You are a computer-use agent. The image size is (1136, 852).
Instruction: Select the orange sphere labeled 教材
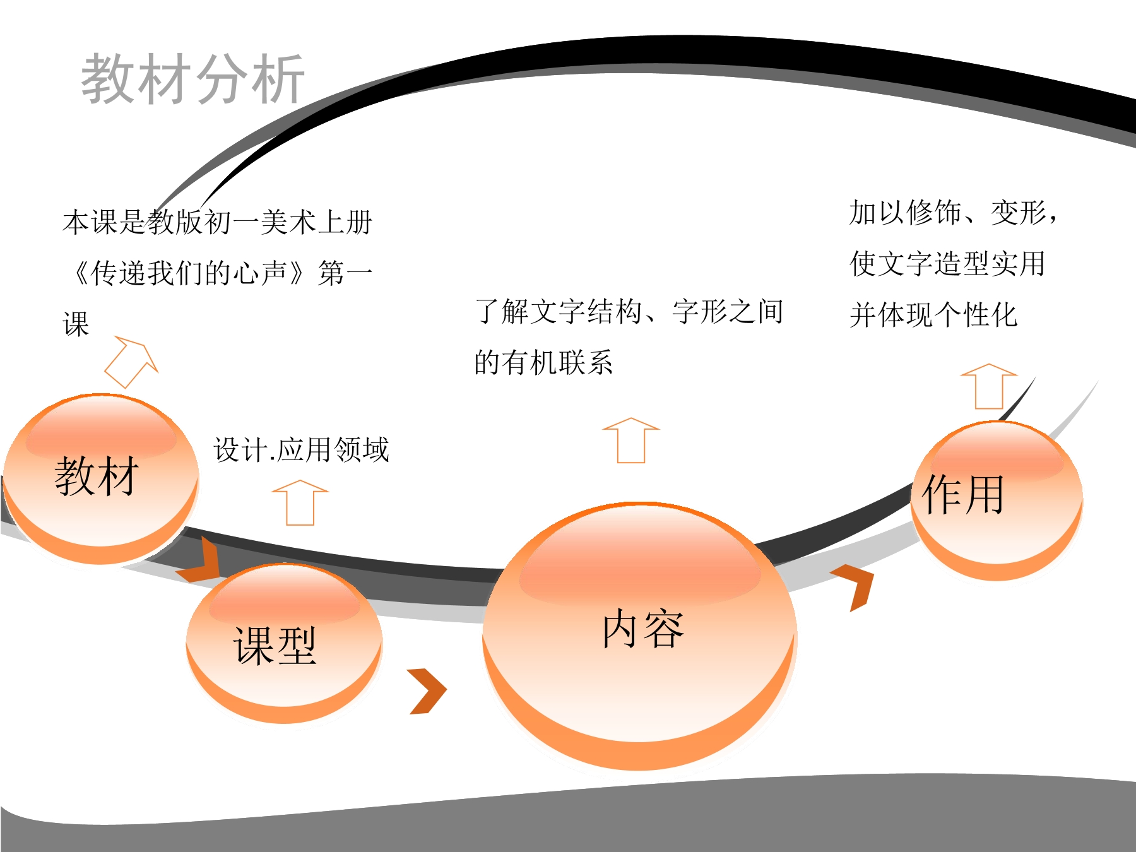tap(101, 478)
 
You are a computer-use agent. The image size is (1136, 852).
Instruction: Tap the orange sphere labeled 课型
tap(284, 643)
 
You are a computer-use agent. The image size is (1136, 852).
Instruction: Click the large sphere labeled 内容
tap(639, 636)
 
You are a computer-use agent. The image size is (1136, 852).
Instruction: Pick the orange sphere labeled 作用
tap(997, 500)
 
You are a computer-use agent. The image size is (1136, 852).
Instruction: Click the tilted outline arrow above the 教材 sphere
tap(132, 362)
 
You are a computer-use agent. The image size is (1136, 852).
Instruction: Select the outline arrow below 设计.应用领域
tap(300, 502)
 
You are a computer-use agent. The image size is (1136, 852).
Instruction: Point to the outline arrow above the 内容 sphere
tap(631, 441)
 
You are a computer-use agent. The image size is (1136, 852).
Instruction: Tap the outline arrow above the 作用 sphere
tap(989, 386)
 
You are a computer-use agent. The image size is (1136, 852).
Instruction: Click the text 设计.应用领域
tap(302, 450)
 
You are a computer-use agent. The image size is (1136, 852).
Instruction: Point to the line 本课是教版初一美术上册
tap(218, 222)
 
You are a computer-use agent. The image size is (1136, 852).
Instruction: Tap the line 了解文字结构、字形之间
tap(629, 312)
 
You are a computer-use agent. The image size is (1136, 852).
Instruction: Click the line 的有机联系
tap(543, 363)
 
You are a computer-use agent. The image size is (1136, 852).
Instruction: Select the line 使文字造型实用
tap(947, 263)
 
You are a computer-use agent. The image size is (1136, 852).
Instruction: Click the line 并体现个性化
tap(933, 315)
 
